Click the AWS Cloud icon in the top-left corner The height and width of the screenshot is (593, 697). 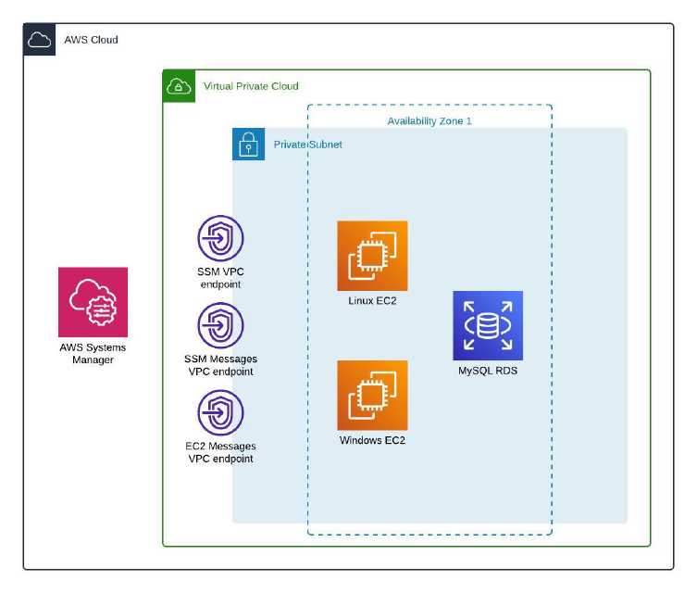40,40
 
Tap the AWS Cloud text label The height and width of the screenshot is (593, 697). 91,40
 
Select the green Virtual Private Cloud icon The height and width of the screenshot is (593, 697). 179,85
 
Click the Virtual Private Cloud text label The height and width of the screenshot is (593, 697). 251,86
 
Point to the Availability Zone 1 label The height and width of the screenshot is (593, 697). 429,121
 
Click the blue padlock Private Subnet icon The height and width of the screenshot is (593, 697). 248,145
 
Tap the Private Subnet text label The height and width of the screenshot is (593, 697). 307,145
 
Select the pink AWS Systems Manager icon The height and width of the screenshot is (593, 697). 93,302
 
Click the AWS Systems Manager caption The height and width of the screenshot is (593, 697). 93,353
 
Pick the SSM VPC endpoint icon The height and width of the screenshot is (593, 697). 220,239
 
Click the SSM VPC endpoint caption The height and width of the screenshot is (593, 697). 220,278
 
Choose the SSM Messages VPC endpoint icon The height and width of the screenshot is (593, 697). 220,326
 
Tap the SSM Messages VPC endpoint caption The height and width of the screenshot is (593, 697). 220,365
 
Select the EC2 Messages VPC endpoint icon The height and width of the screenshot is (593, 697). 220,413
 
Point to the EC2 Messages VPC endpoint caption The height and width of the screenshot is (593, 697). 220,452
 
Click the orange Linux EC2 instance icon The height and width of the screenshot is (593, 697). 372,256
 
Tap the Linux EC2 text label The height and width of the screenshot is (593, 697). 372,300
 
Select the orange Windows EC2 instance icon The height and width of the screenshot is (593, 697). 372,395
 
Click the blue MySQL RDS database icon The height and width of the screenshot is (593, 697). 488,325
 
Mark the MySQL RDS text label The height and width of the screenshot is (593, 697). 488,371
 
